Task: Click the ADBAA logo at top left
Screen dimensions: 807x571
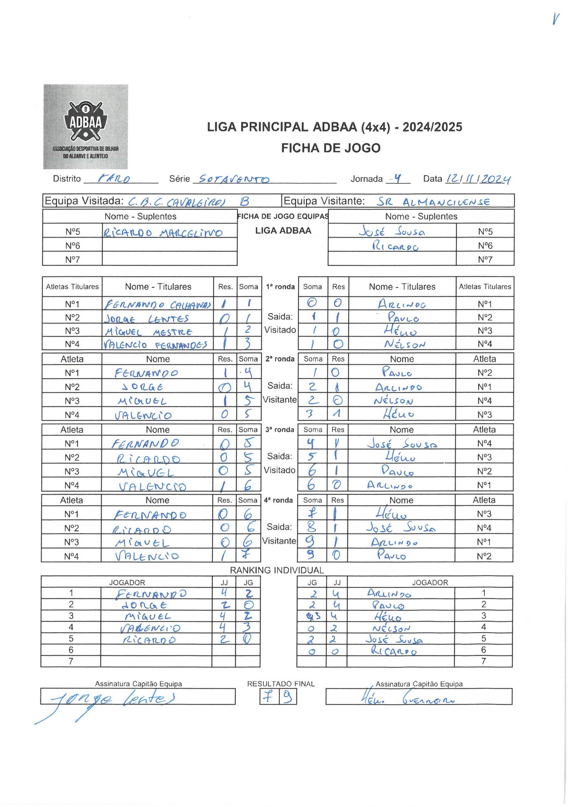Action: pyautogui.click(x=86, y=126)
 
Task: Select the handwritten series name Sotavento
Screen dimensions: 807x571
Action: pyautogui.click(x=231, y=179)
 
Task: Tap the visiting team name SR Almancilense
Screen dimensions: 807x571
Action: pyautogui.click(x=433, y=201)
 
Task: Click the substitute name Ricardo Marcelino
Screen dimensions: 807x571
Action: pyautogui.click(x=163, y=233)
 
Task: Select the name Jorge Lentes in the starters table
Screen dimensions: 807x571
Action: pyautogui.click(x=147, y=318)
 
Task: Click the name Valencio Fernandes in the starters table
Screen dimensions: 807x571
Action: pyautogui.click(x=155, y=345)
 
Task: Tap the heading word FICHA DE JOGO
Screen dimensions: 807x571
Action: pyautogui.click(x=330, y=148)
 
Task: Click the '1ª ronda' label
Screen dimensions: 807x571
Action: pyautogui.click(x=280, y=287)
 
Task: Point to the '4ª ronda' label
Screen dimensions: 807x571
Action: pyautogui.click(x=278, y=500)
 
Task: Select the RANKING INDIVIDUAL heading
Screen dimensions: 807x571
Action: pyautogui.click(x=277, y=570)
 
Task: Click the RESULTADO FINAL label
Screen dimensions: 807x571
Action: pyautogui.click(x=281, y=684)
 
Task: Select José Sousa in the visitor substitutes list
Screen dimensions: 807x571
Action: pyautogui.click(x=392, y=232)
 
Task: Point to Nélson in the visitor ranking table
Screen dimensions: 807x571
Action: pyautogui.click(x=392, y=628)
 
